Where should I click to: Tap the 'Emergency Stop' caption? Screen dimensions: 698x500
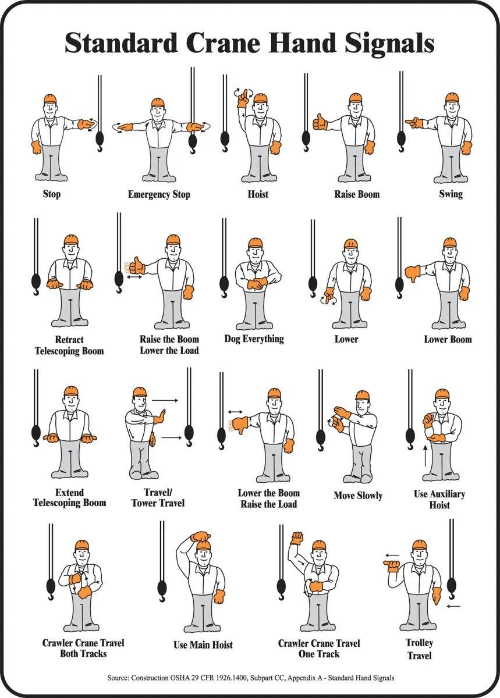coord(159,194)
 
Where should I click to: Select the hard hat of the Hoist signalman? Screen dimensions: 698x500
coord(260,98)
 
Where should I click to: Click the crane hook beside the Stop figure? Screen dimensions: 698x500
coord(100,140)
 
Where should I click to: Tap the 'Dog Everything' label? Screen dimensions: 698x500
coord(254,339)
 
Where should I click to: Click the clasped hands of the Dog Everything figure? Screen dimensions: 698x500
coord(256,284)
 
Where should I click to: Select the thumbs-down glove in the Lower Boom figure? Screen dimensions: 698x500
coord(413,273)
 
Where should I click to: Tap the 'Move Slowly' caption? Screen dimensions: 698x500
coord(357,496)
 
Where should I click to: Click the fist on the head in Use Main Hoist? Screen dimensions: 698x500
coord(201,536)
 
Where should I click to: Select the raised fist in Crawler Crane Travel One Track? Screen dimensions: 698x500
coord(297,538)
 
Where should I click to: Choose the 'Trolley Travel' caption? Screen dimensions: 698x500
coord(419,649)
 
